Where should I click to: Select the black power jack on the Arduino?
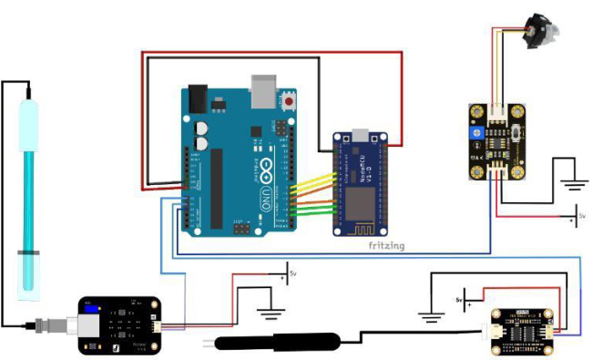198,98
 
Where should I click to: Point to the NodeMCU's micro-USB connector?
364,137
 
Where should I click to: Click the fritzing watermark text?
380,246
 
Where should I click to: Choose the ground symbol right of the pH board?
270,313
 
